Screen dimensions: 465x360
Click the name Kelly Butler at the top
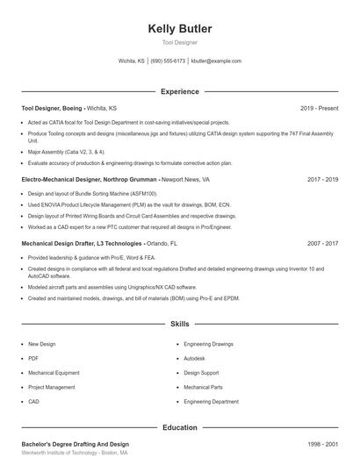pyautogui.click(x=180, y=29)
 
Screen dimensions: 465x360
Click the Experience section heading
pyautogui.click(x=180, y=91)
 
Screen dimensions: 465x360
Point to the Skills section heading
pyautogui.click(x=180, y=324)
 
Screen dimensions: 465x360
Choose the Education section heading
pyautogui.click(x=180, y=427)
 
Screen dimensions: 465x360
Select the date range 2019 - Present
pyautogui.click(x=319, y=108)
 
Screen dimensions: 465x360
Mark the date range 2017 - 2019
pyautogui.click(x=322, y=179)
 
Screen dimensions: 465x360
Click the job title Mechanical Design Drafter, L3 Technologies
pyautogui.click(x=83, y=242)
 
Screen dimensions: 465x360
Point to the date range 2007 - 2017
pyautogui.click(x=322, y=242)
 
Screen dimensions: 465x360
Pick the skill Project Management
pyautogui.click(x=52, y=387)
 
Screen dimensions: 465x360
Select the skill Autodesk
pyautogui.click(x=194, y=358)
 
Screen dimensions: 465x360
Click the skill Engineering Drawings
pyautogui.click(x=208, y=344)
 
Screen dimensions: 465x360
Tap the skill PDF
pyautogui.click(x=33, y=358)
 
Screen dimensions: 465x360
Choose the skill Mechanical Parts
pyautogui.click(x=203, y=387)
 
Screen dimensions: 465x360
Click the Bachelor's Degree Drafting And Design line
pyautogui.click(x=76, y=444)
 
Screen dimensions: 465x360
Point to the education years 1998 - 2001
pyautogui.click(x=322, y=444)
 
